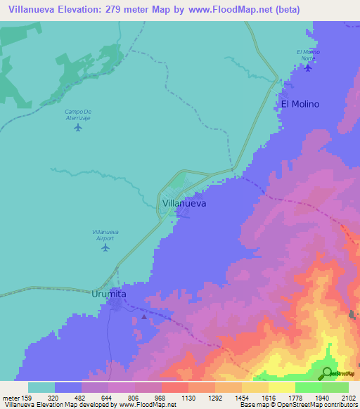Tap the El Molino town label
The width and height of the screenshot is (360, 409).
[x=300, y=104]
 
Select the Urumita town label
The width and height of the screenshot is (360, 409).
[x=109, y=294]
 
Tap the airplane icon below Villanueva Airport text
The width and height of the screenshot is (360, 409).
[x=106, y=247]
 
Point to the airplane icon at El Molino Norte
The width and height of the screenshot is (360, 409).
[x=308, y=67]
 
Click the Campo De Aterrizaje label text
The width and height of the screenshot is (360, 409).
[x=78, y=115]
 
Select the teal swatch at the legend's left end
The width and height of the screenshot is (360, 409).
[x=41, y=387]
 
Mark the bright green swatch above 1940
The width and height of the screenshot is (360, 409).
[x=309, y=387]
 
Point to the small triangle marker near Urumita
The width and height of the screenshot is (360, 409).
[x=145, y=316]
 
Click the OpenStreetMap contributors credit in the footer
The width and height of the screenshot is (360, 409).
[x=314, y=405]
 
